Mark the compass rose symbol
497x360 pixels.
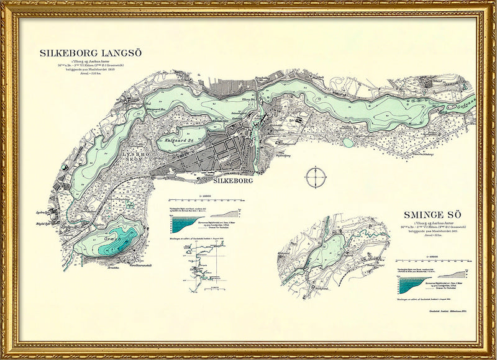[x=316, y=176]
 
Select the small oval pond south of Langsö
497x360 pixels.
[x=349, y=143]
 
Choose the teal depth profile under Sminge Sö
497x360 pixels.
[x=413, y=284]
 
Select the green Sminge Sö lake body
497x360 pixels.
[x=322, y=248]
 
